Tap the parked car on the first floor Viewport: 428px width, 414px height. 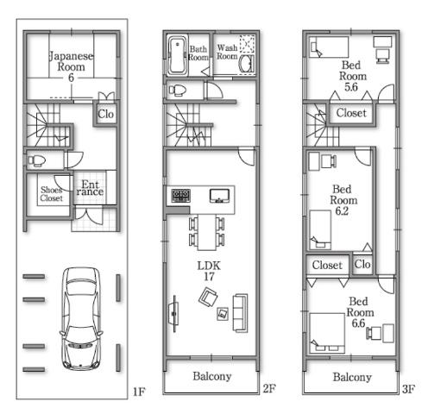click(x=81, y=317)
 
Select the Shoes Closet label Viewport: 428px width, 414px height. click(x=51, y=192)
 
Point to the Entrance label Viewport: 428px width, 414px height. click(x=91, y=189)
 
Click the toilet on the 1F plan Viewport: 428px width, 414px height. click(x=39, y=160)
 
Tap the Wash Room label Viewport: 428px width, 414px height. click(x=226, y=53)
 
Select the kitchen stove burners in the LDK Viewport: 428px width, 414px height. click(x=180, y=195)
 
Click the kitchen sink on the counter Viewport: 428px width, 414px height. click(x=219, y=194)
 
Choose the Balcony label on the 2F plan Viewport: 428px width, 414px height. click(x=211, y=377)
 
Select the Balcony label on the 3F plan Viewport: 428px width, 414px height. click(x=352, y=377)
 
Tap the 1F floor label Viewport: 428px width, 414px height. click(x=138, y=392)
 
